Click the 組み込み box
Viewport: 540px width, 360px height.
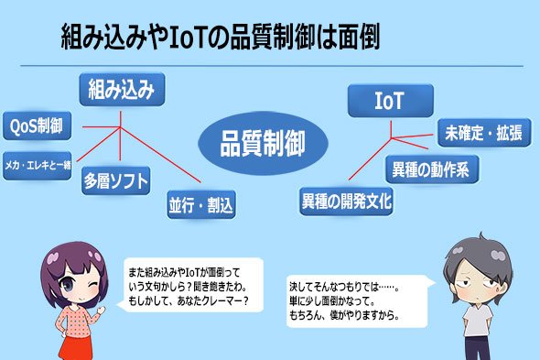click(x=122, y=89)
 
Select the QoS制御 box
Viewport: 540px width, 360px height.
click(x=38, y=125)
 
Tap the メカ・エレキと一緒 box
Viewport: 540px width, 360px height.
click(x=38, y=166)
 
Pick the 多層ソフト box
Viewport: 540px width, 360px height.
click(x=116, y=180)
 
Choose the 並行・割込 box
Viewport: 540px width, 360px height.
click(x=201, y=205)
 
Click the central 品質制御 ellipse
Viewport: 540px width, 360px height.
click(x=263, y=143)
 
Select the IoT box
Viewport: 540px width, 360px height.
click(x=391, y=101)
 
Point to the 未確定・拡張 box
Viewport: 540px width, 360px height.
click(x=484, y=133)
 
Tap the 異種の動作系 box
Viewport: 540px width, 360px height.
click(x=432, y=169)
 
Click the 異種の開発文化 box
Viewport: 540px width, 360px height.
click(x=347, y=202)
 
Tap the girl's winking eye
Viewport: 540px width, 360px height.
click(x=92, y=285)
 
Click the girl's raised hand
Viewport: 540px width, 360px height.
click(x=102, y=310)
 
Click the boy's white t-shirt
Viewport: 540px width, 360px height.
click(x=478, y=321)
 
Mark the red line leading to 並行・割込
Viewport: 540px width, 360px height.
click(x=160, y=155)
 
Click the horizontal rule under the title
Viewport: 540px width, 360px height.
click(x=272, y=66)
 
